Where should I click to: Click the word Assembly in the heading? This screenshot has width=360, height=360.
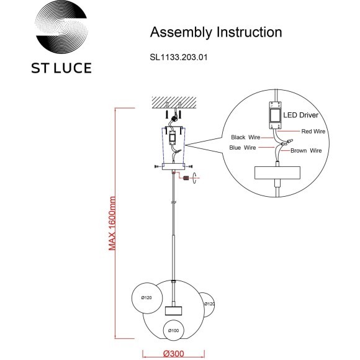tap(177, 32)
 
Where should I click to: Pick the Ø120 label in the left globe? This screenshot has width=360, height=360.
tap(146, 299)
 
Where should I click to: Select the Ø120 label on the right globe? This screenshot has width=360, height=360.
tap(210, 304)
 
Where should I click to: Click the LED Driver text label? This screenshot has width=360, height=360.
tap(301, 115)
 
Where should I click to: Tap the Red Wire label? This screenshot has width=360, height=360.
tap(313, 132)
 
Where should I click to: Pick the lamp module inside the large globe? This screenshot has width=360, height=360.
tap(173, 310)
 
